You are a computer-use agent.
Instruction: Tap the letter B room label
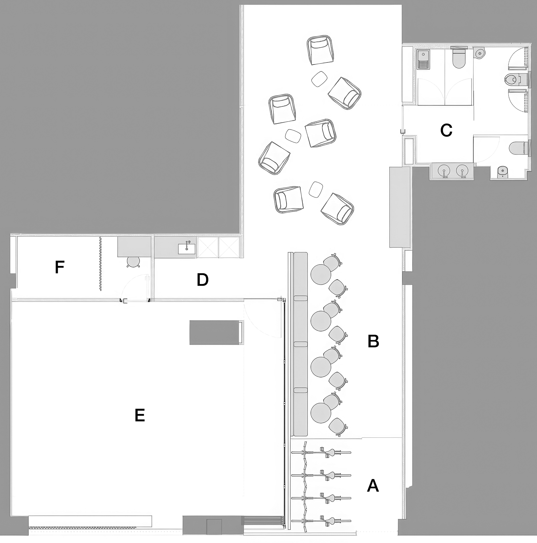(373, 341)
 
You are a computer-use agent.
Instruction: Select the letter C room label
(446, 130)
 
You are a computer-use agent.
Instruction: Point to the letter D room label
(202, 280)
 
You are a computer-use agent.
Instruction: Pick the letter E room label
(140, 416)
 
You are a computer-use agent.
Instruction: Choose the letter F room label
(60, 267)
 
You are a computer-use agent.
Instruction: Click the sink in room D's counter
(187, 248)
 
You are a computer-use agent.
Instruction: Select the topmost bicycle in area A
(321, 453)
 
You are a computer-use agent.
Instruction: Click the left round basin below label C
(444, 170)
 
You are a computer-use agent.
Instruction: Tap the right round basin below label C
(462, 170)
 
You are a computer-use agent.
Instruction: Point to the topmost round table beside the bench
(321, 274)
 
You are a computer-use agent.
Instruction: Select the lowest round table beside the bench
(321, 413)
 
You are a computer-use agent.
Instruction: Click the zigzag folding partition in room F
(100, 264)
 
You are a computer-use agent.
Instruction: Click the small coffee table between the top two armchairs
(319, 79)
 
